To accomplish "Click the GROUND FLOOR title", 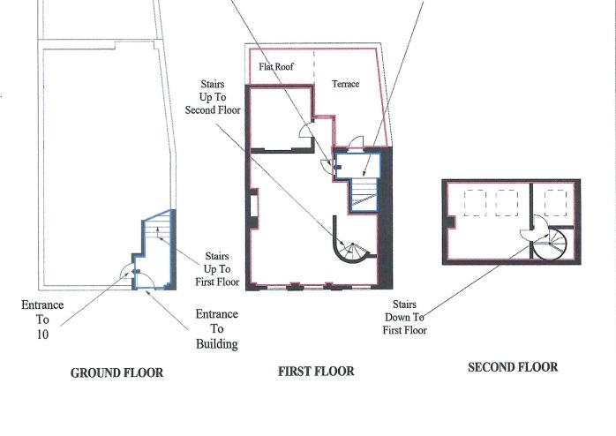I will [116, 373].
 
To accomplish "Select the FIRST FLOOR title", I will [316, 372].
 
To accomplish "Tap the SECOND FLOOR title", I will [513, 367].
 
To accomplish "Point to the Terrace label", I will [345, 84].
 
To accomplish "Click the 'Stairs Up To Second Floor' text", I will [212, 98].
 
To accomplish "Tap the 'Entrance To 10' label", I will [42, 319].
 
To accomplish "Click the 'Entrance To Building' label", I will [216, 328].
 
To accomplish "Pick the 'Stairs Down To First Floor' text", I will [404, 317].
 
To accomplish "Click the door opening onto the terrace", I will [354, 143].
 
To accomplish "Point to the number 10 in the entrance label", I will [42, 335].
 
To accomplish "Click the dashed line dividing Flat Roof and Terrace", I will [314, 66].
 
